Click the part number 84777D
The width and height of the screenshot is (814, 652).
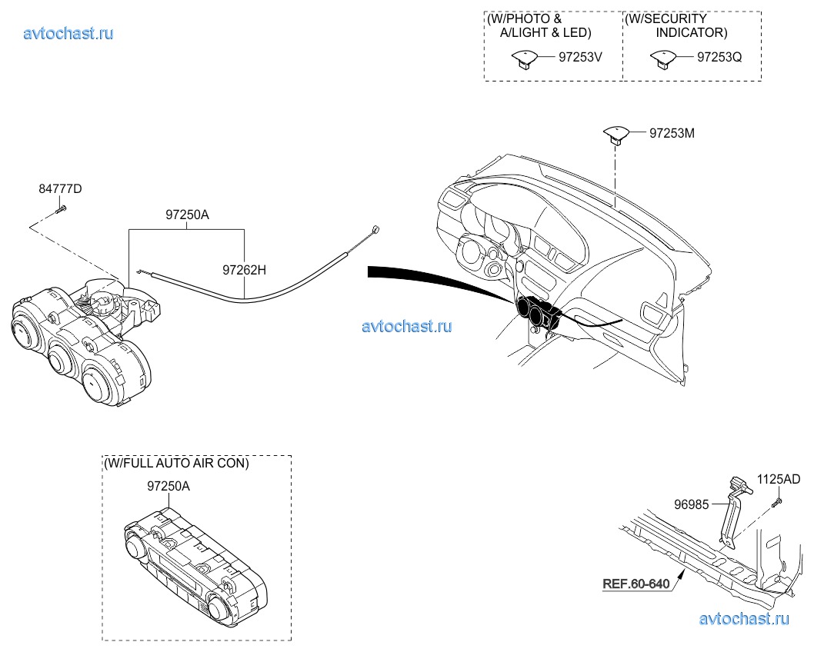tap(61, 188)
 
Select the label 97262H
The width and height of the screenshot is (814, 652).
tap(244, 270)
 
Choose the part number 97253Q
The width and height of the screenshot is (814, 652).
tap(719, 56)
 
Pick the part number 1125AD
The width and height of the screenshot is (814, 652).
tap(779, 479)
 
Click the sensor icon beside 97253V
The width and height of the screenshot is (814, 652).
tap(524, 58)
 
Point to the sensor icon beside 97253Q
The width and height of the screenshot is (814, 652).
tap(661, 58)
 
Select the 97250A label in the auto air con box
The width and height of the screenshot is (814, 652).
tap(168, 486)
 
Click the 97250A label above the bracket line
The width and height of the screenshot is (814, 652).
tap(186, 216)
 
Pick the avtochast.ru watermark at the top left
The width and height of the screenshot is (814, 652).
tap(68, 33)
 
